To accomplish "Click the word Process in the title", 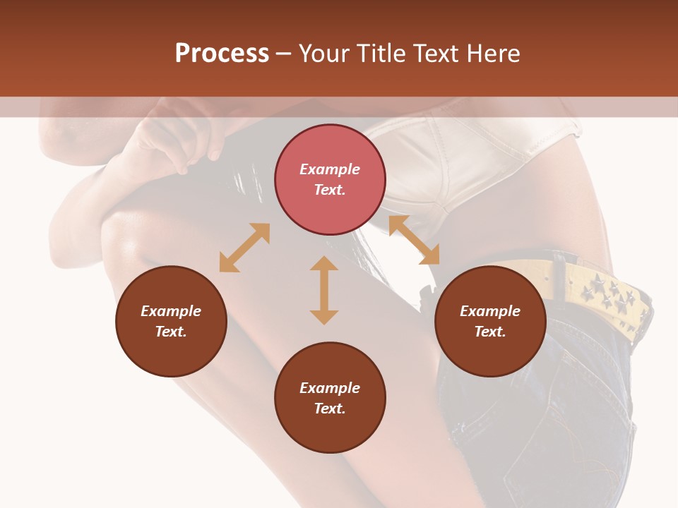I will (x=222, y=54).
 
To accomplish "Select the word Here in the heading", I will (x=493, y=54).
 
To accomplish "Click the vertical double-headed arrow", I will (x=324, y=290).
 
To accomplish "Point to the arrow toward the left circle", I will (x=244, y=248).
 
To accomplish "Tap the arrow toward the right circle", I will (x=414, y=240).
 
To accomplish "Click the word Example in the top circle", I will (x=330, y=169).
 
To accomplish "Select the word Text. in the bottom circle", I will (x=330, y=409).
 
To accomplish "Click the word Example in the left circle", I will (x=171, y=311).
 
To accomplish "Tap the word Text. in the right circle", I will (x=490, y=332).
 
